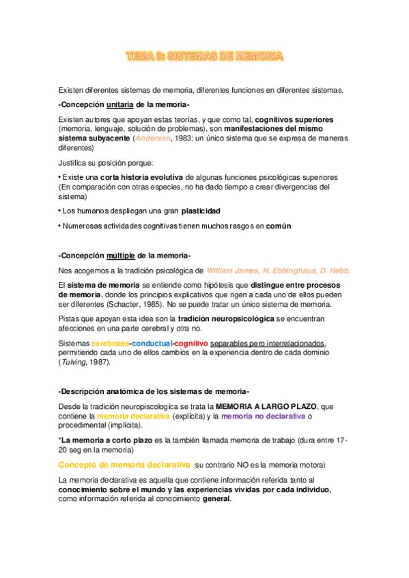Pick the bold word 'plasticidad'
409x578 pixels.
pos(201,211)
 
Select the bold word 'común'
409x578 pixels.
pos(279,226)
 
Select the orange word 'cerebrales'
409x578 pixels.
pos(111,343)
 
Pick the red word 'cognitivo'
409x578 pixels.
pos(192,343)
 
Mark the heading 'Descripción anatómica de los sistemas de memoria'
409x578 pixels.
pos(154,391)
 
